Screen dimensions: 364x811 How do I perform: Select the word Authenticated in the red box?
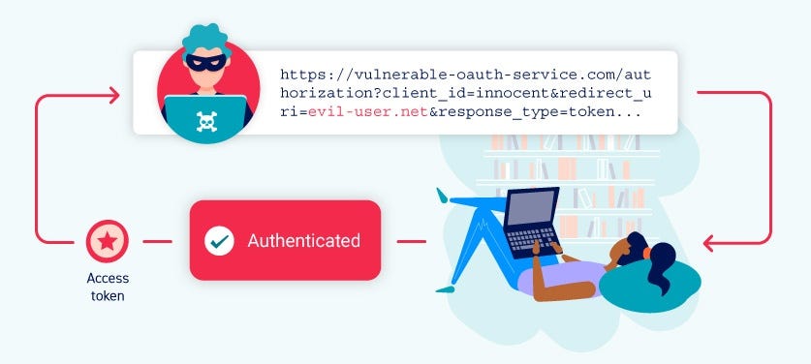pos(303,240)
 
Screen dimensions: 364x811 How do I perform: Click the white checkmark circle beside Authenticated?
pos(220,240)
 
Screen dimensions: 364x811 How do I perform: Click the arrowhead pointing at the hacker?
pos(113,94)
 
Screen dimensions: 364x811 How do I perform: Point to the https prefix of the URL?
pos(301,73)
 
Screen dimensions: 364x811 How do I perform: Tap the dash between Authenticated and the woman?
pos(412,240)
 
